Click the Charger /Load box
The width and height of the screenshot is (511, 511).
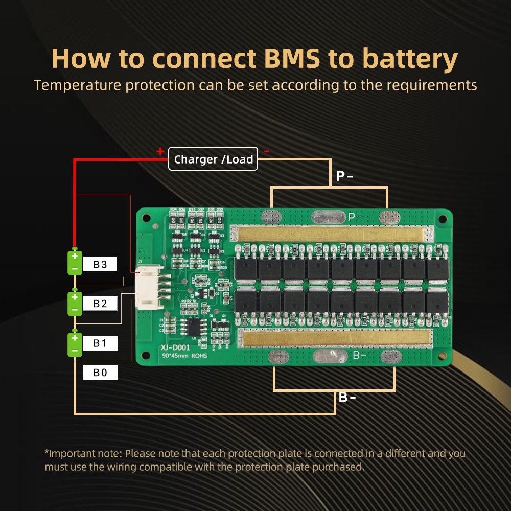coord(214,159)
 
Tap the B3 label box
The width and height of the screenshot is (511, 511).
coord(100,264)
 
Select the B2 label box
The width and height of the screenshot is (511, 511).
coord(100,304)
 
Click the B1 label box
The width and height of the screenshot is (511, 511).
coord(100,343)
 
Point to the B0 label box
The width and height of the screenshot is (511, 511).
coord(100,373)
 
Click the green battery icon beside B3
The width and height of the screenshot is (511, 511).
coord(75,263)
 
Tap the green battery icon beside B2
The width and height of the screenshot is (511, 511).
coord(75,304)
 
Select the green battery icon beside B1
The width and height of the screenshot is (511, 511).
coord(75,344)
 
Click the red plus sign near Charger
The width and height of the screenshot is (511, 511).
coord(160,151)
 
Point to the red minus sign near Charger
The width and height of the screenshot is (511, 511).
coord(266,151)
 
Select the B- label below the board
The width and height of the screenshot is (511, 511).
coord(347,397)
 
